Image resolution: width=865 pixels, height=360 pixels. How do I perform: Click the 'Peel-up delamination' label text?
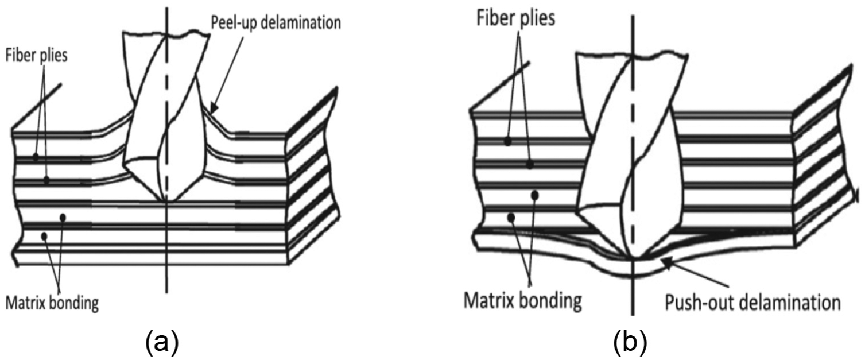pos(276,23)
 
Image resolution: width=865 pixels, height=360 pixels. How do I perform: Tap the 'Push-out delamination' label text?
pos(752,303)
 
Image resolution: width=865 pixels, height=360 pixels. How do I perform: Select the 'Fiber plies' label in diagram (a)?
pos(36,56)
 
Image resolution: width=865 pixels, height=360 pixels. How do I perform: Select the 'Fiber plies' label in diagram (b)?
pos(515,18)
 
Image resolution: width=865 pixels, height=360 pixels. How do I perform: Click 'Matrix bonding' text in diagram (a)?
pos(52,303)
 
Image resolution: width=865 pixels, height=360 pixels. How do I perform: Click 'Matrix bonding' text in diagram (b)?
pos(522,300)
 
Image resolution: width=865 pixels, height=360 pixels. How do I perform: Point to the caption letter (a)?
pos(162,342)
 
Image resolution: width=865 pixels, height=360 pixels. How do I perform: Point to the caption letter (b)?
pos(630,342)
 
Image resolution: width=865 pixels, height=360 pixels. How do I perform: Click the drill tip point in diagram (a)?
pos(166,200)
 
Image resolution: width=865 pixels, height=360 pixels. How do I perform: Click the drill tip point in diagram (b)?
pos(633,258)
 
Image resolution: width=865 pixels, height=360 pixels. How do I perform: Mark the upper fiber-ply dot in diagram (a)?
pos(36,157)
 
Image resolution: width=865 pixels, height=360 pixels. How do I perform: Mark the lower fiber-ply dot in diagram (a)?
pos(46,180)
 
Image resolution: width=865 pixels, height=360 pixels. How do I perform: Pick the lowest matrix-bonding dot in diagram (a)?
pos(44,235)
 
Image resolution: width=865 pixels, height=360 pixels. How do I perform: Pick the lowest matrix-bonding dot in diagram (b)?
pos(511,218)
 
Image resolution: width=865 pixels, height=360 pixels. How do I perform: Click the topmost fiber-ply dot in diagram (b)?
pos(508,142)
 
